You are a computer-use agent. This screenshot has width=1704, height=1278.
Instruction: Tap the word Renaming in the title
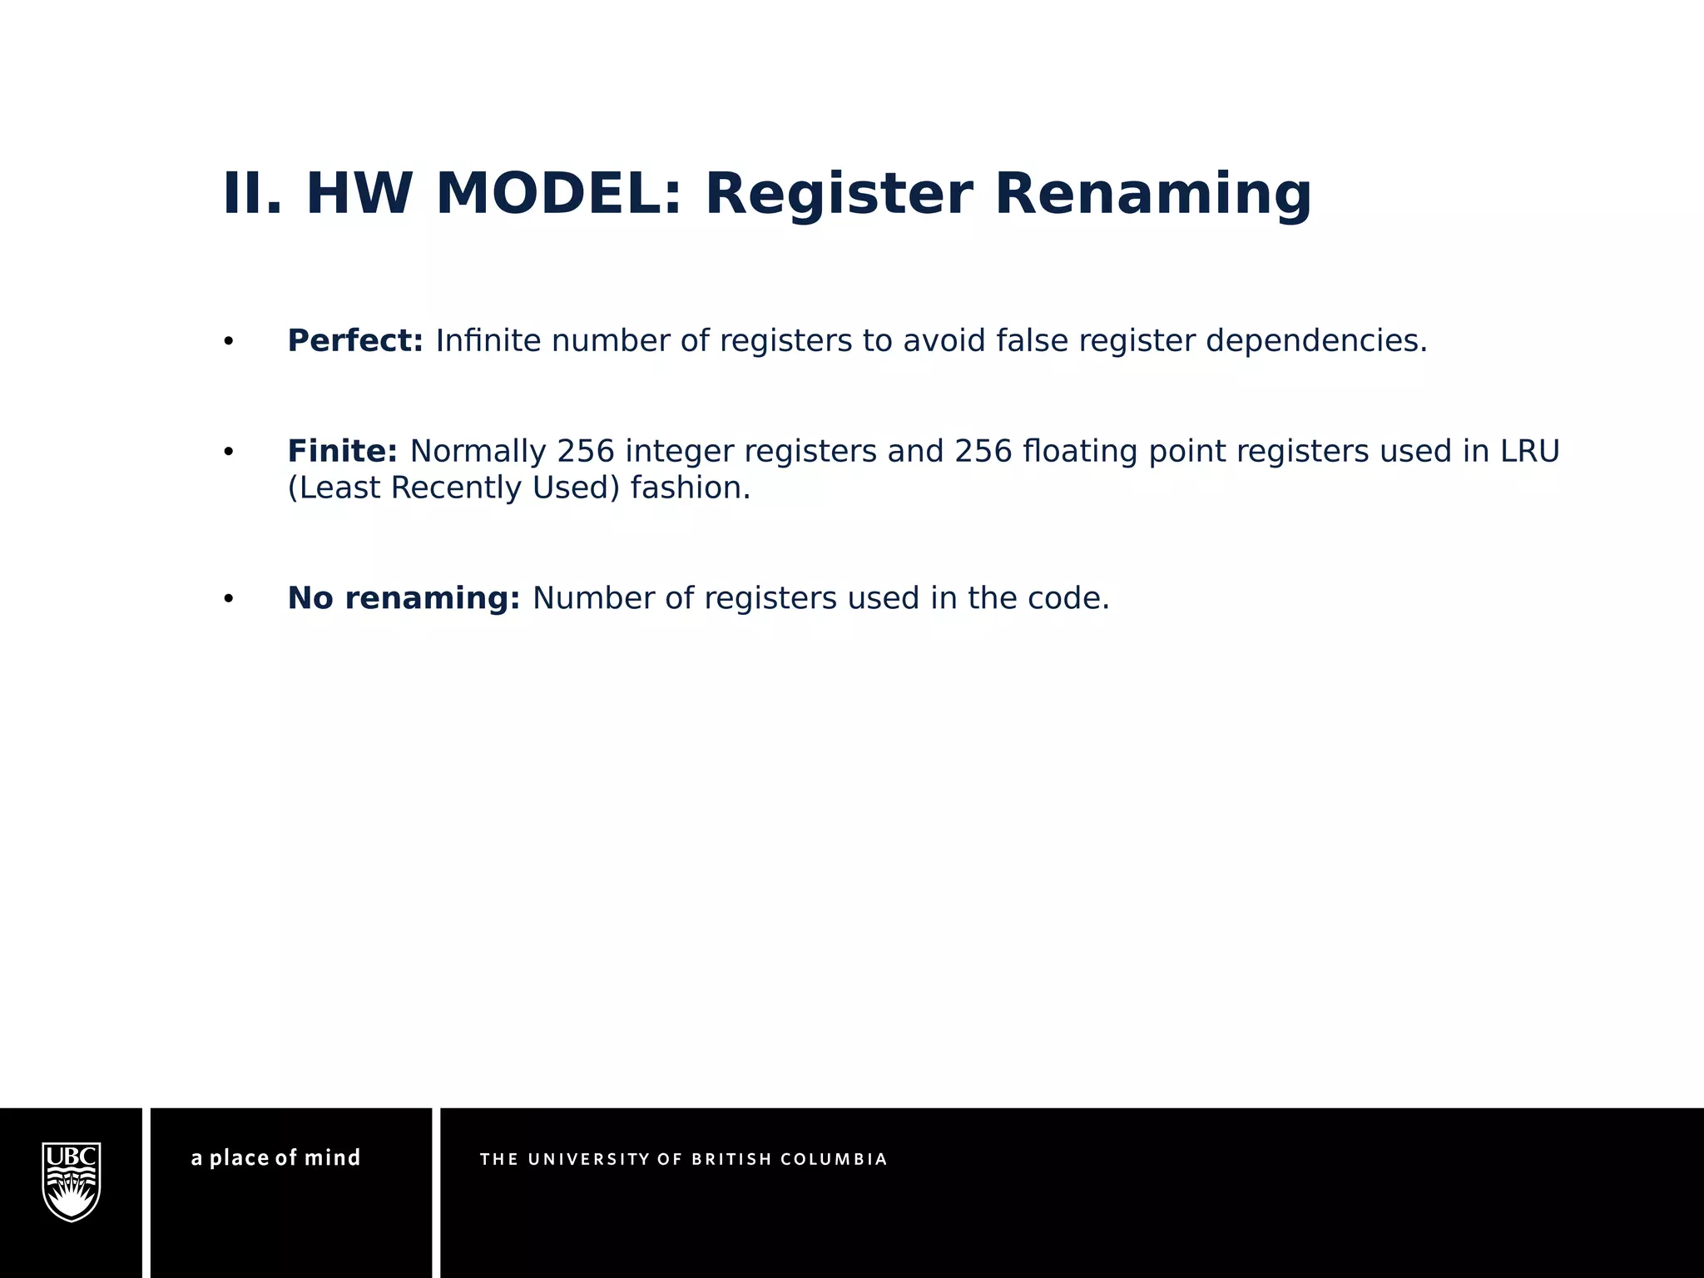click(x=1153, y=194)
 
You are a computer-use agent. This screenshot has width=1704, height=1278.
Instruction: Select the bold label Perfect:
click(x=355, y=341)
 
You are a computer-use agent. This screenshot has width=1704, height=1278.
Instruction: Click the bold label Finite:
click(x=342, y=452)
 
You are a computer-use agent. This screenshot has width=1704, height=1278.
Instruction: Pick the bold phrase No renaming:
click(x=404, y=598)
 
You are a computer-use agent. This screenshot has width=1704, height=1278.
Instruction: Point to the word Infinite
click(x=488, y=341)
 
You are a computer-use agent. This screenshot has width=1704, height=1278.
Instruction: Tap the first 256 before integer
click(x=586, y=452)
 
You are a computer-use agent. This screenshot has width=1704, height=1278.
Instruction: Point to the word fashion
click(x=690, y=488)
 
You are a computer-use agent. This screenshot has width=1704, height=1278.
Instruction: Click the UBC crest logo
click(x=72, y=1181)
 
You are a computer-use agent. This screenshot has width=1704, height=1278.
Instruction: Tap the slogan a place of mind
click(x=275, y=1158)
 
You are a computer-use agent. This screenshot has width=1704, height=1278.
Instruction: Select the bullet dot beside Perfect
click(x=229, y=342)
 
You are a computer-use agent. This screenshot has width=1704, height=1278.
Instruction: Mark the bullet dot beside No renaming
click(x=229, y=599)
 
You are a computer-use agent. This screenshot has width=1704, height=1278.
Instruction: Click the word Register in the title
click(x=839, y=194)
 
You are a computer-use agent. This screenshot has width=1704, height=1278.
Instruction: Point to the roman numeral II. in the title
click(x=253, y=194)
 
